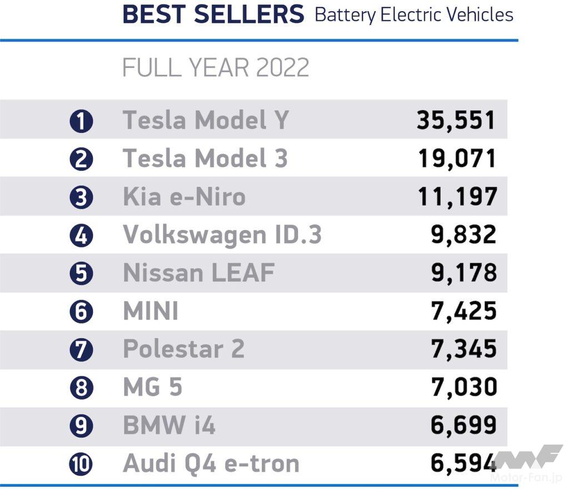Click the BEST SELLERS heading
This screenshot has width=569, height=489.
coord(213,14)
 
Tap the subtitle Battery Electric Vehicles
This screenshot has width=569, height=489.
coord(413,14)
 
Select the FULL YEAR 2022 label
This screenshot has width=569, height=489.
coord(215,68)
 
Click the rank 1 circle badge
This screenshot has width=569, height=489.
coord(81,121)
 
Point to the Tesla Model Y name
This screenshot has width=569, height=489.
coord(206,120)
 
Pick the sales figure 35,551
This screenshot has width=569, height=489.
coord(456,120)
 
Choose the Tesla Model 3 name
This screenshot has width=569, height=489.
coord(205,158)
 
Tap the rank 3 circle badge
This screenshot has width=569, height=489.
coord(81,197)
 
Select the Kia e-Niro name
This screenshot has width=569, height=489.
coord(184,197)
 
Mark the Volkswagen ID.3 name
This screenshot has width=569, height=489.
coord(222,234)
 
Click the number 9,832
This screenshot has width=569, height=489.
coord(463,234)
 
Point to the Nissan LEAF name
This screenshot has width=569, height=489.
coord(198,273)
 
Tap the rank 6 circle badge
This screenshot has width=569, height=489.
coord(81,311)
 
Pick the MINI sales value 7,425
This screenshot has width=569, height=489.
coord(463,311)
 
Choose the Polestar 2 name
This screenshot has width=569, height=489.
coord(183,349)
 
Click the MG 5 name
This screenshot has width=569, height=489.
coord(152,387)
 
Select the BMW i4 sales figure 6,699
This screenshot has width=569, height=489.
coord(463,426)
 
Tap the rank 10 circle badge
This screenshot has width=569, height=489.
coord(81,464)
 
